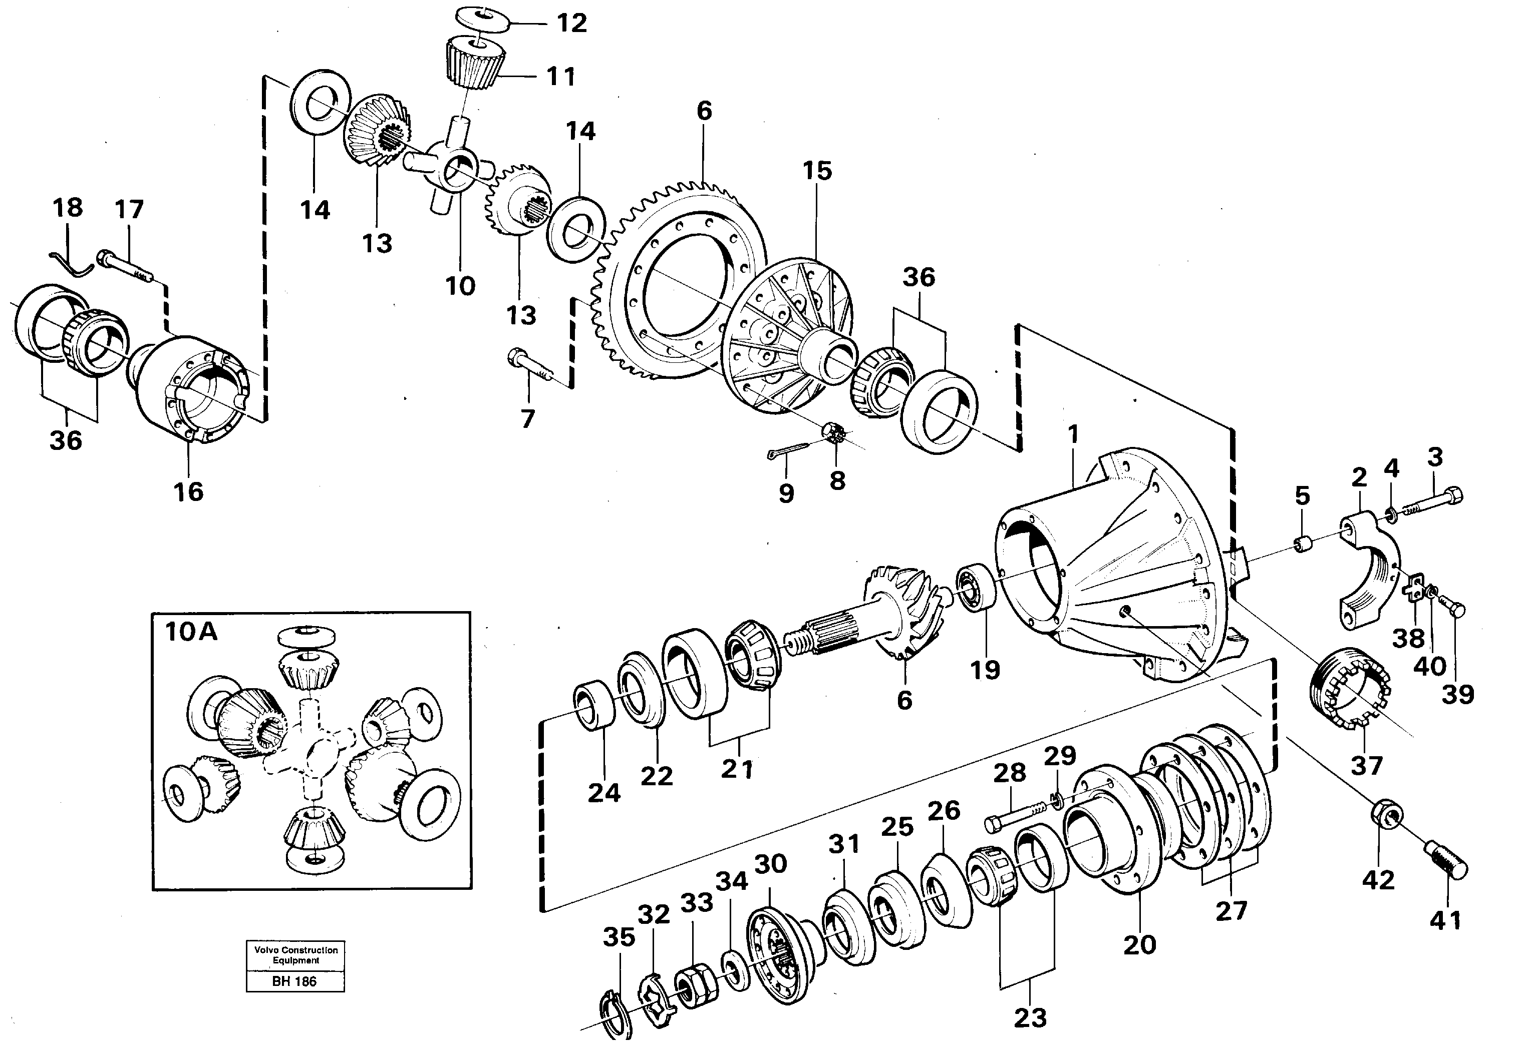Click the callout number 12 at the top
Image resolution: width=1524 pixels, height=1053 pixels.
click(x=571, y=23)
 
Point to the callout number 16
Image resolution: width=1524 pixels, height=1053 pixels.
click(x=188, y=491)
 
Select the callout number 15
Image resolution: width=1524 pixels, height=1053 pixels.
click(x=817, y=171)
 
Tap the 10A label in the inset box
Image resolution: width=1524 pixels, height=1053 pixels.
click(x=191, y=632)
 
